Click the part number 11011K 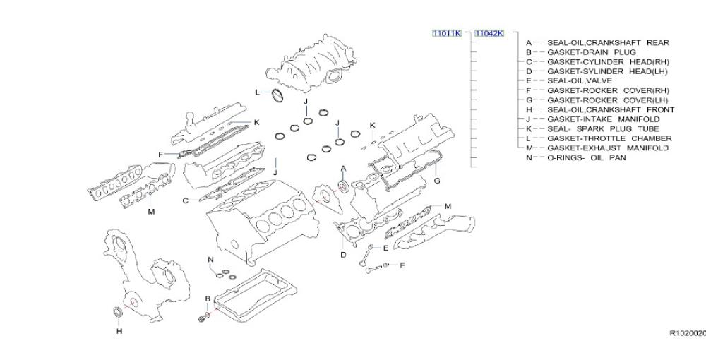tap(447, 33)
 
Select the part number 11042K tap(489, 33)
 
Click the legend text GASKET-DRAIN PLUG tap(591, 52)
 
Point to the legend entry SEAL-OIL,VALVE tap(580, 81)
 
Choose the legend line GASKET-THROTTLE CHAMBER tap(609, 138)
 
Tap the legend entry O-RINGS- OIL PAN tap(586, 158)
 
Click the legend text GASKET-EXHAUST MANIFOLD tap(608, 148)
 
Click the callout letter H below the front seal tap(119, 331)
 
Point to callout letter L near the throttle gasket tap(258, 92)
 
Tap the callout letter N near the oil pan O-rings tap(210, 260)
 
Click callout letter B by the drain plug tap(208, 299)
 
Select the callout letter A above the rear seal tap(343, 168)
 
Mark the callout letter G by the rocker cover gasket tap(437, 181)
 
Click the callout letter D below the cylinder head tap(343, 255)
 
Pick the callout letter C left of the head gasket tap(186, 200)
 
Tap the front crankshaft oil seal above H tap(118, 311)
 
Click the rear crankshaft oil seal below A tap(343, 186)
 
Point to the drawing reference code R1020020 tap(688, 333)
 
